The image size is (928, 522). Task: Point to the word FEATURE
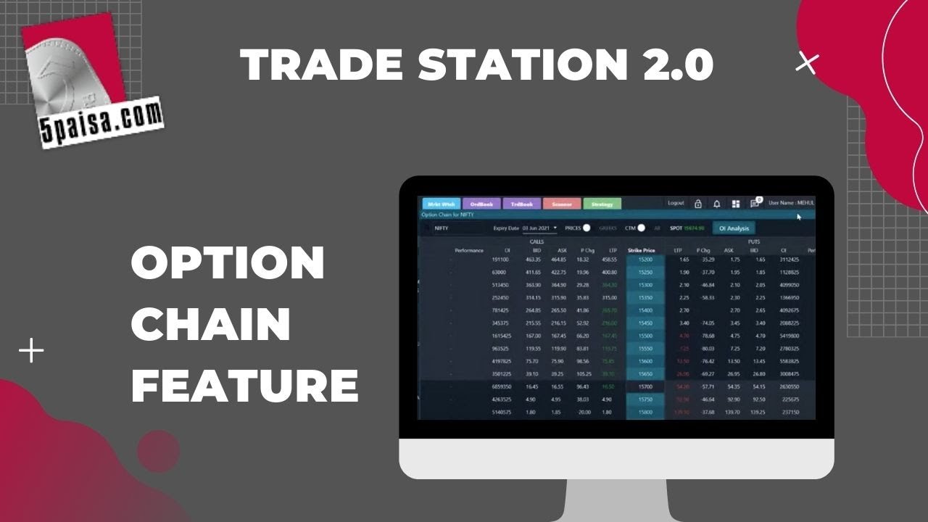click(244, 385)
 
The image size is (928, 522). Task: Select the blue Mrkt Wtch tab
click(439, 204)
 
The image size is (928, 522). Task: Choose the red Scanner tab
click(562, 204)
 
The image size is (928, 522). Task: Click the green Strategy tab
click(602, 204)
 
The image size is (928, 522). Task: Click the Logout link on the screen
click(676, 204)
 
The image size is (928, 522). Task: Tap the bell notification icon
click(717, 204)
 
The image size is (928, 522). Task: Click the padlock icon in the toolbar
click(697, 204)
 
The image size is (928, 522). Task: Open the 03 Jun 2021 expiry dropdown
click(540, 228)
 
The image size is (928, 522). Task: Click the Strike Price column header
click(641, 250)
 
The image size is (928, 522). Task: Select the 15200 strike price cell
click(645, 260)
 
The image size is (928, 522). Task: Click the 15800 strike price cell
click(645, 413)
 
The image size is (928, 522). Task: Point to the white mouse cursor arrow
click(799, 217)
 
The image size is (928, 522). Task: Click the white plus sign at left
click(31, 352)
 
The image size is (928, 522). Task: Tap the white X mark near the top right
click(806, 64)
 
